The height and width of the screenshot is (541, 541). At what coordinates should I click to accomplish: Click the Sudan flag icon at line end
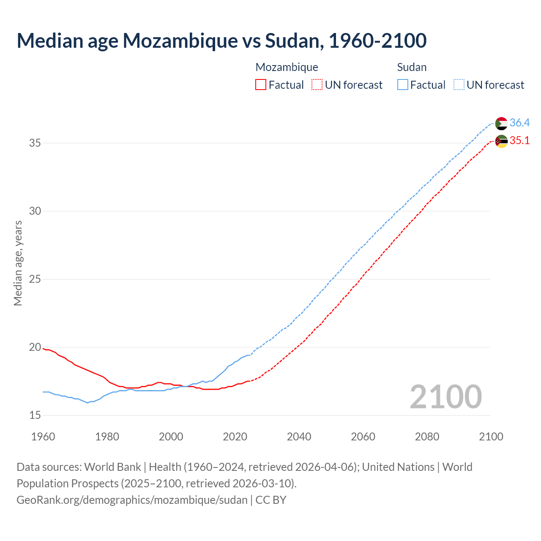coord(501,123)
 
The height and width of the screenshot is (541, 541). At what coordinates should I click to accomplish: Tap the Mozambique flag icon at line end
coord(501,141)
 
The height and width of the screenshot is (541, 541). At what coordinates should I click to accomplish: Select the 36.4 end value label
coord(519,123)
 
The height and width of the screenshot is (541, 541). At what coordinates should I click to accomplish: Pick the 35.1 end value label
coord(519,140)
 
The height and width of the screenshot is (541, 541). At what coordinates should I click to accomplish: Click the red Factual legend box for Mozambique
coord(261,85)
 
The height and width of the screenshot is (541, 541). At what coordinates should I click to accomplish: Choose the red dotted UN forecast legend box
coord(317,85)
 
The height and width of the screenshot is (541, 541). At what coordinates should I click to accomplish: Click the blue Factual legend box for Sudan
coord(403,85)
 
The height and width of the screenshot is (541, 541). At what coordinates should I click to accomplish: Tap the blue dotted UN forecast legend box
coord(459,85)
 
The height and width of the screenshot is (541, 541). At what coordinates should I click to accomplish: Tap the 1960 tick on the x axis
coord(43,437)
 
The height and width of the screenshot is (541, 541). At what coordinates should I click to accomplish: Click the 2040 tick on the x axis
coord(299,437)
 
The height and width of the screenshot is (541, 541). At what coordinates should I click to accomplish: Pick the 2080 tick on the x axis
coord(427,437)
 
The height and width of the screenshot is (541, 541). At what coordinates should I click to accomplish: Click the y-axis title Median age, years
coord(18,263)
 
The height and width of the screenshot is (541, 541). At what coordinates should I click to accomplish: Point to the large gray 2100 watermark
coord(445,396)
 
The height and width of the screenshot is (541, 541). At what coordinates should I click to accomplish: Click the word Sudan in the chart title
coord(292,41)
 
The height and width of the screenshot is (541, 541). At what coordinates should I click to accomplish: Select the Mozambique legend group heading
coord(287,67)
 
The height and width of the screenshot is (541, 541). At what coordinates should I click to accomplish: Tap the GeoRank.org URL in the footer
coord(132,500)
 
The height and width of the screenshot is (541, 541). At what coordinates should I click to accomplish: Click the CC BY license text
coord(271,500)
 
